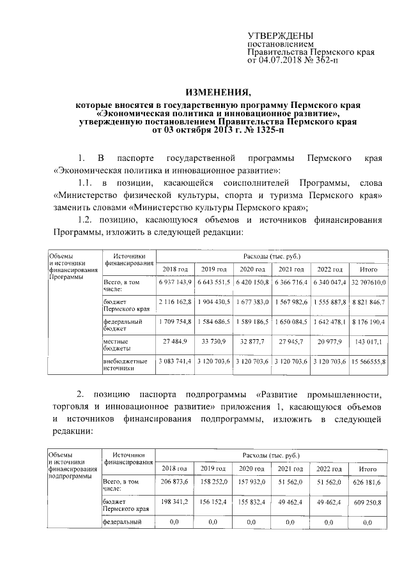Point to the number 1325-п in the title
click(x=262, y=129)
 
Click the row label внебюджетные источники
click(x=125, y=365)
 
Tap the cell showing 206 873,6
click(x=174, y=482)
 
